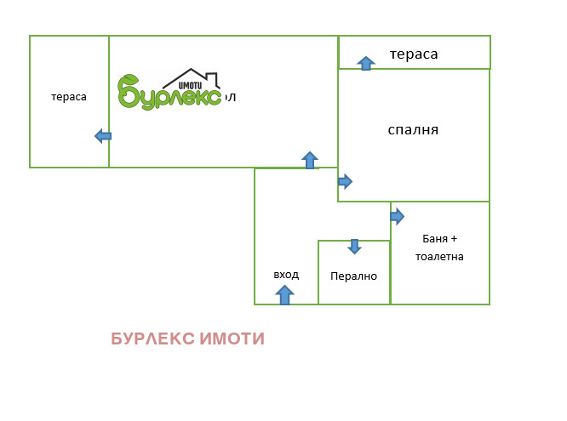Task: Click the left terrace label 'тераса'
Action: click(x=69, y=97)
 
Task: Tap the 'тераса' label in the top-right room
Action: click(x=414, y=54)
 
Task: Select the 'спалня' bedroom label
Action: click(x=412, y=130)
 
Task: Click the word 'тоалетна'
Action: click(x=439, y=256)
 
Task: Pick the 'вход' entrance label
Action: click(x=286, y=275)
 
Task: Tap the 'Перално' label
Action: click(x=353, y=276)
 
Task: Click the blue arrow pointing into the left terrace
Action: click(x=103, y=135)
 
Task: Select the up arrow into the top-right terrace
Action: click(x=366, y=63)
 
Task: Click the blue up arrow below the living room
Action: click(x=310, y=160)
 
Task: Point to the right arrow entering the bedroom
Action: click(x=345, y=181)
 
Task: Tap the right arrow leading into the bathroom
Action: click(x=397, y=216)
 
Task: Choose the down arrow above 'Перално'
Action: click(x=354, y=247)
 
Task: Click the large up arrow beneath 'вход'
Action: click(x=285, y=294)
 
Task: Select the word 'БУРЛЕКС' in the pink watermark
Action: click(x=153, y=339)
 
